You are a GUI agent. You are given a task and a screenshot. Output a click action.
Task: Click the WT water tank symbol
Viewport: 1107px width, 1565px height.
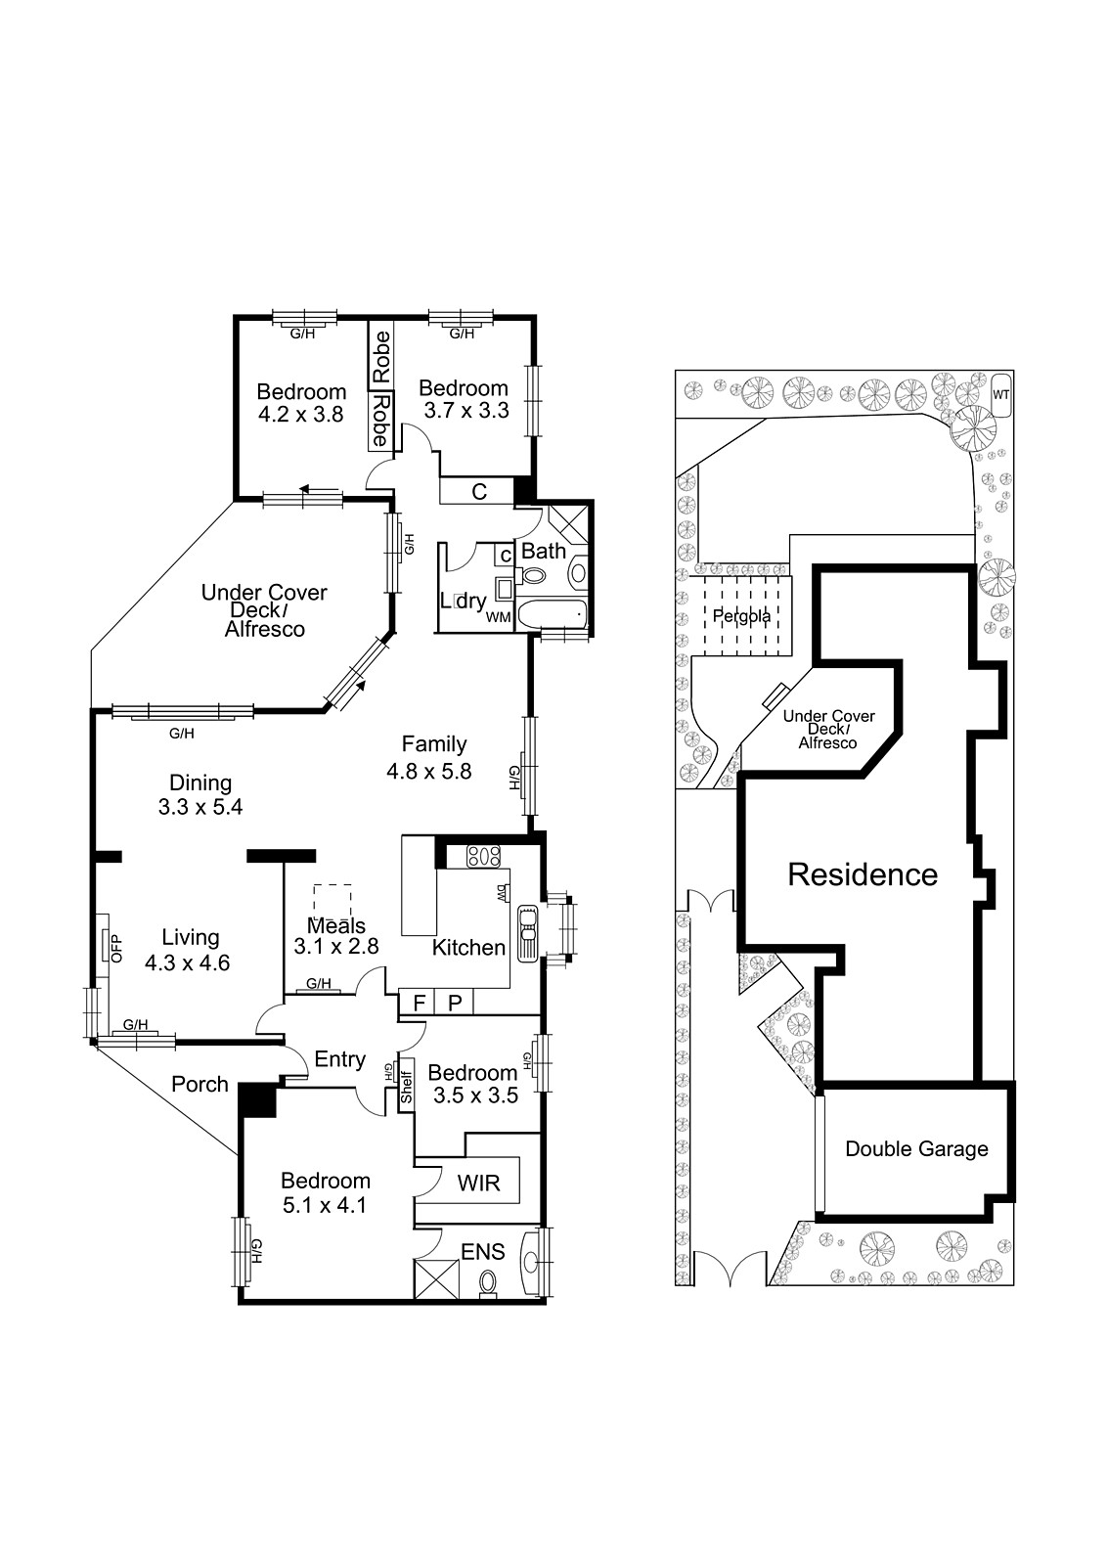[1001, 395]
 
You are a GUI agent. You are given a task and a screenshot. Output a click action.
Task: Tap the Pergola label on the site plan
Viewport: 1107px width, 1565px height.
[741, 617]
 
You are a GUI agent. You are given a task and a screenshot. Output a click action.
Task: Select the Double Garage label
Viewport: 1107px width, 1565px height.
[916, 1148]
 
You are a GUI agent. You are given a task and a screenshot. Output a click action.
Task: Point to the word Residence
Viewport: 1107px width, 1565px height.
[863, 874]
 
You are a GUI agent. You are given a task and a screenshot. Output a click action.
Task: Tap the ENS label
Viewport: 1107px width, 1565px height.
[483, 1251]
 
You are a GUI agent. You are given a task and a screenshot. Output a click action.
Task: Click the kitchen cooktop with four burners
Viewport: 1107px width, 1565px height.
[483, 856]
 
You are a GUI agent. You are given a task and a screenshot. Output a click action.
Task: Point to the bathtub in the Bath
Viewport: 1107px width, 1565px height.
[552, 615]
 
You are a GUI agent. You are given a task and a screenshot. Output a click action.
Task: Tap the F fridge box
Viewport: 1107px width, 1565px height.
[420, 1004]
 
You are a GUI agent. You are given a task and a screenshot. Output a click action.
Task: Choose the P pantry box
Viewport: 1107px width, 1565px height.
[455, 1004]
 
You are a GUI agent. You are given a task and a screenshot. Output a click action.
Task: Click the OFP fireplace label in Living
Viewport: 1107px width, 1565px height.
[116, 948]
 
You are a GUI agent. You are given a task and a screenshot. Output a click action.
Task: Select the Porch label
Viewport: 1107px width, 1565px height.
[199, 1084]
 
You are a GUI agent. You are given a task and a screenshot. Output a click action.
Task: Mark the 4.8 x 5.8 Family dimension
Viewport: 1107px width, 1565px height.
[429, 772]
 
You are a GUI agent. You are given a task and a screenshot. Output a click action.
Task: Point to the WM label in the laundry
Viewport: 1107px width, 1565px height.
[498, 617]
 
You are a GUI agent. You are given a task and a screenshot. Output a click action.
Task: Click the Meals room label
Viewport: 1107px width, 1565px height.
[336, 925]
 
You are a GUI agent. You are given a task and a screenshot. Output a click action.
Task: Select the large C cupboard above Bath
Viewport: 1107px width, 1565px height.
[478, 492]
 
